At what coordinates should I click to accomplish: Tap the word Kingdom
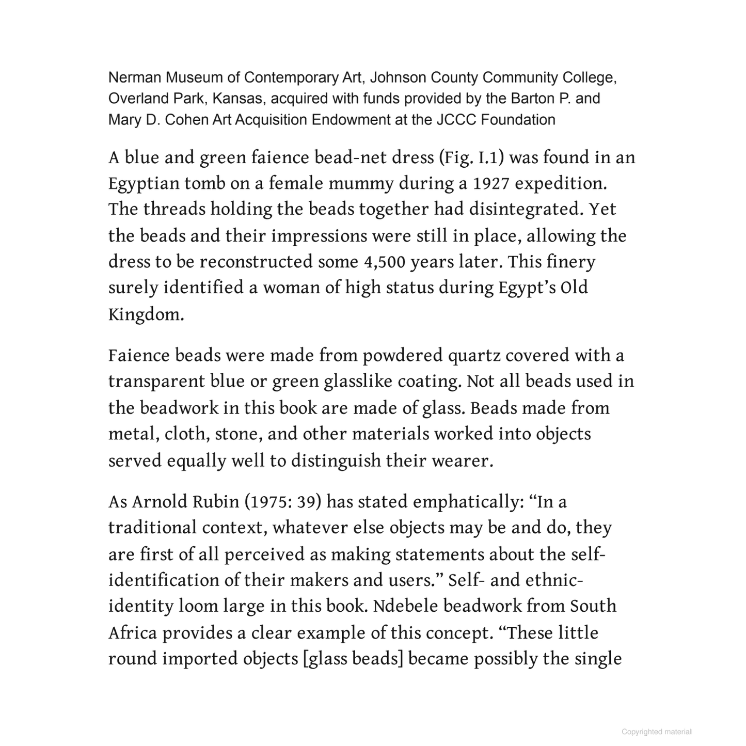[146, 314]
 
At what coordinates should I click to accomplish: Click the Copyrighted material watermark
[656, 732]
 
